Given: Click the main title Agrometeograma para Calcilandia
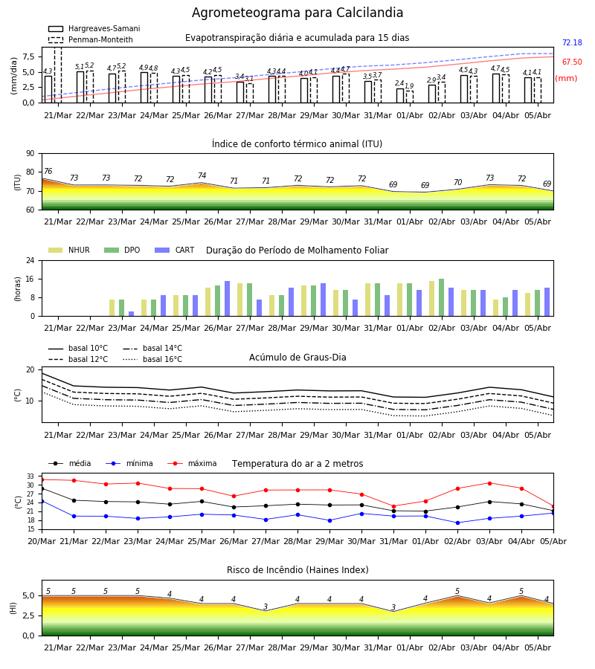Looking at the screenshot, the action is tap(297, 13).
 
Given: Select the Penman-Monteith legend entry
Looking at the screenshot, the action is tap(91, 39).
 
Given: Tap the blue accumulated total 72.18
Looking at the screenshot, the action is tap(572, 42).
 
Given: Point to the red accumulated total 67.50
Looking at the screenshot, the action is tap(572, 62).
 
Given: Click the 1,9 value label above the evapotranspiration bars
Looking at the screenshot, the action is tap(409, 86).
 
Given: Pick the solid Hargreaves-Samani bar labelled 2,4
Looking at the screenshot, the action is tap(400, 96).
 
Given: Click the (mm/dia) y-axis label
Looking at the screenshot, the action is tap(13, 75).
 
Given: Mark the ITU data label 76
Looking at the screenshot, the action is tap(48, 171).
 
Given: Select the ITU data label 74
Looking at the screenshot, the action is tap(202, 175).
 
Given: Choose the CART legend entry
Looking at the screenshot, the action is tap(175, 250).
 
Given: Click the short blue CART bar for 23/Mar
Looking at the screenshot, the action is tap(132, 314).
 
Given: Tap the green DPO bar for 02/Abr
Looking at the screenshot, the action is tap(441, 297).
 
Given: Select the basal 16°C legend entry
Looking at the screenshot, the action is tap(152, 359).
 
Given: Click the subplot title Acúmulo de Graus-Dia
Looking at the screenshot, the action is tap(297, 358).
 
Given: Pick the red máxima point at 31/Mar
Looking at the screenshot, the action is tap(393, 506).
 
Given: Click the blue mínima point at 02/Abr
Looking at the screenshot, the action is tap(457, 523).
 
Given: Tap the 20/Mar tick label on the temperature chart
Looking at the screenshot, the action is tap(42, 541).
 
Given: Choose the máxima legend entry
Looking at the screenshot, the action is tap(192, 463).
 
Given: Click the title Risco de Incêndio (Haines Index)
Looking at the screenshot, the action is tap(297, 570).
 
